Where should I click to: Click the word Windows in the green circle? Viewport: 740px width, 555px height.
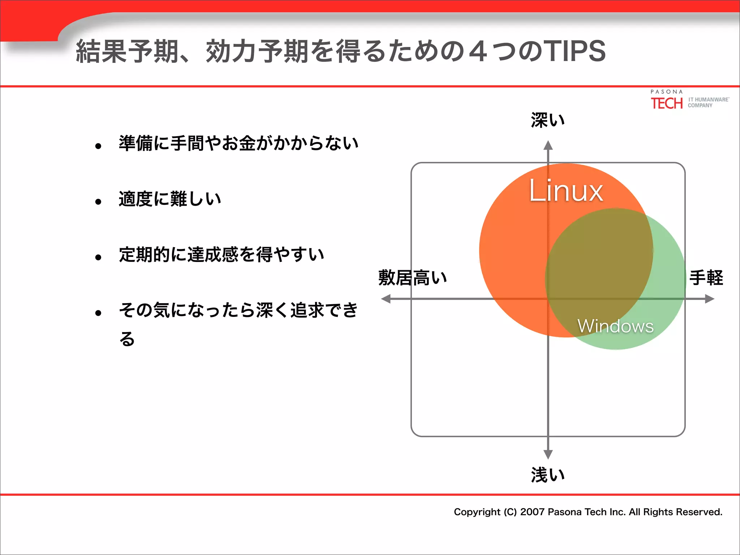(x=615, y=326)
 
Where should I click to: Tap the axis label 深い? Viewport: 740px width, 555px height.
(x=547, y=120)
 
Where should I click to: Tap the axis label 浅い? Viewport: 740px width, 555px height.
(x=547, y=474)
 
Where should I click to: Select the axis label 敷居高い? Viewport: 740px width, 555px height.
(x=413, y=277)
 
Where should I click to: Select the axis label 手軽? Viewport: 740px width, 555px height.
(x=706, y=277)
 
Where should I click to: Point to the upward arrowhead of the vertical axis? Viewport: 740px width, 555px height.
(x=548, y=145)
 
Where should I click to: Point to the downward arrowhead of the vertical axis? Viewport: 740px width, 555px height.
(x=548, y=454)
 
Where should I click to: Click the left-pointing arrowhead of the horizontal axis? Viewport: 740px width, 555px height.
(x=386, y=299)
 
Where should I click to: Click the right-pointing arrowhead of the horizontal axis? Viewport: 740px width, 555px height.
(x=710, y=299)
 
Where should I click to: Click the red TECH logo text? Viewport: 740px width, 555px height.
(x=667, y=103)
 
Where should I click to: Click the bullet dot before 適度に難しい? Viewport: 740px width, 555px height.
(x=98, y=202)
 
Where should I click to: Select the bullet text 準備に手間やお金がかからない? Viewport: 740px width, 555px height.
(x=238, y=143)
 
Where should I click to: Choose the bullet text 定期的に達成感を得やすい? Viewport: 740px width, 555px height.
(x=221, y=254)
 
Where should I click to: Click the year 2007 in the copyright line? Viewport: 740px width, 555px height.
(x=532, y=512)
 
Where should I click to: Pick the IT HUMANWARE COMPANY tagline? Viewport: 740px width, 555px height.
(x=708, y=102)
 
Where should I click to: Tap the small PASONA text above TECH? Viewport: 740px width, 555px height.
(x=667, y=92)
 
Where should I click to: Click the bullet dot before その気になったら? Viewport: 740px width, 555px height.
(x=98, y=313)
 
